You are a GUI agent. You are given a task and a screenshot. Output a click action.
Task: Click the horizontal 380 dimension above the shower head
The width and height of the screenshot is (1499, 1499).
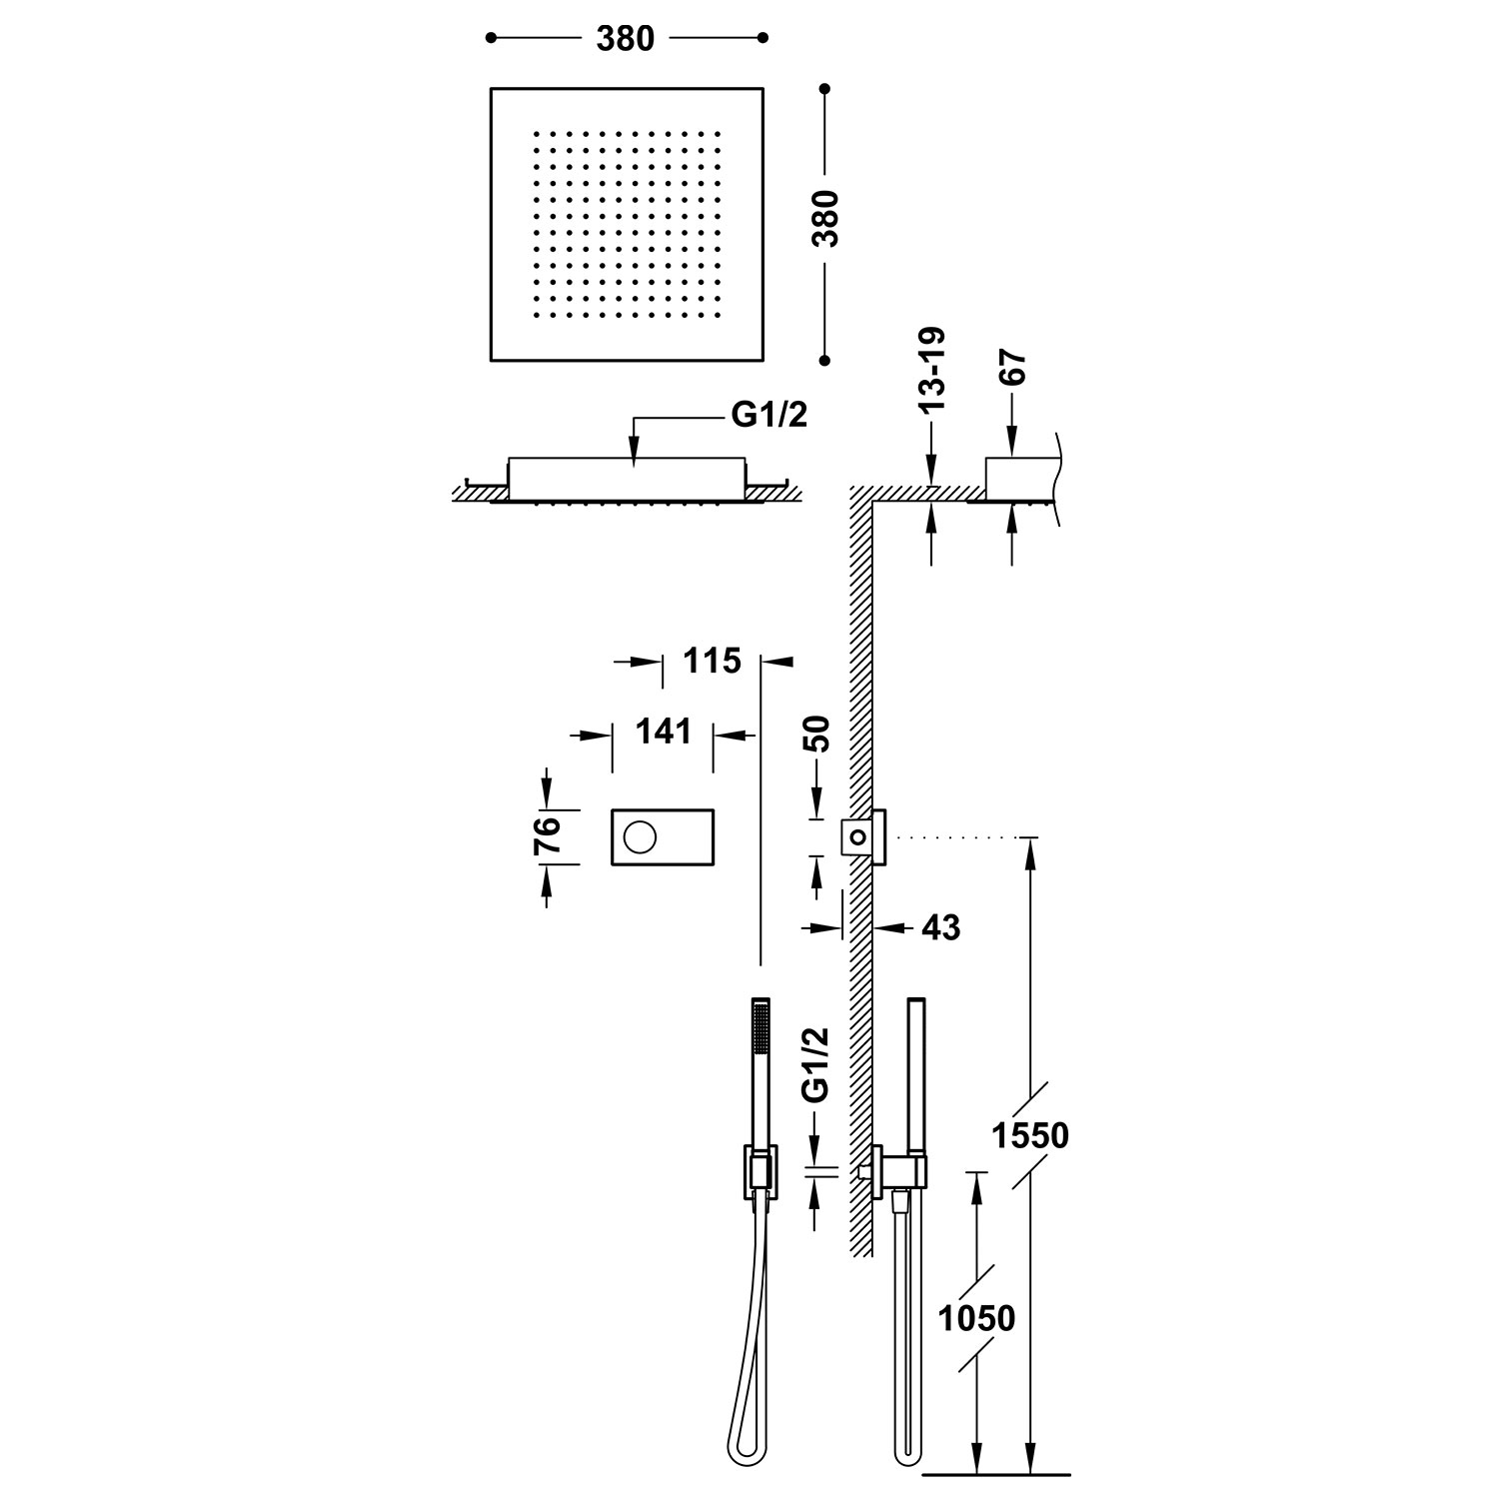pyautogui.click(x=626, y=38)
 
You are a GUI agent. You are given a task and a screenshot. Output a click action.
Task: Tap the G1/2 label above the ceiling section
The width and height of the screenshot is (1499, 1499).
pyautogui.click(x=769, y=415)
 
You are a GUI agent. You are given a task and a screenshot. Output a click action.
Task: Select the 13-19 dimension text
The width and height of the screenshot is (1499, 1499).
pyautogui.click(x=932, y=371)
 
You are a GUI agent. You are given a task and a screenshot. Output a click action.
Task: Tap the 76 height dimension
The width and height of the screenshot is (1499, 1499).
pyautogui.click(x=547, y=835)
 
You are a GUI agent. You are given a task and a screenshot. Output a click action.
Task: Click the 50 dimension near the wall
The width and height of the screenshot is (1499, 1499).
pyautogui.click(x=817, y=735)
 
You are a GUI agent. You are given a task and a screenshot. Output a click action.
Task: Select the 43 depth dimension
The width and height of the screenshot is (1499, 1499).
pyautogui.click(x=940, y=927)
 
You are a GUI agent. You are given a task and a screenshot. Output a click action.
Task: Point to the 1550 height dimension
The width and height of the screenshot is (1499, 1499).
pyautogui.click(x=1030, y=1135)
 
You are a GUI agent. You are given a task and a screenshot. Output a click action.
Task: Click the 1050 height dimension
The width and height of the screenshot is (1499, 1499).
pyautogui.click(x=977, y=1318)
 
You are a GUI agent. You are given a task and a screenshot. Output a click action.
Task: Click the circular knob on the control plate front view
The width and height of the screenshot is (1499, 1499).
pyautogui.click(x=639, y=835)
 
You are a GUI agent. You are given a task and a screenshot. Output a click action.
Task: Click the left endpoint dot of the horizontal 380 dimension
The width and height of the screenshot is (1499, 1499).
pyautogui.click(x=491, y=38)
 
